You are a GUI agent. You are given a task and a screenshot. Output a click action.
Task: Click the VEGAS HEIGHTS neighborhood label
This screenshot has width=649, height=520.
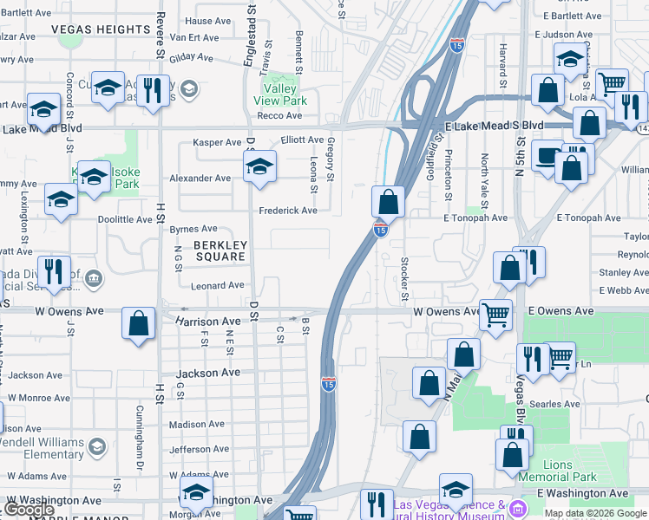coord(101,29)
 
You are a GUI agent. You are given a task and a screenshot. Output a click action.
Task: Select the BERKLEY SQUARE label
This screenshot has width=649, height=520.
coord(220,250)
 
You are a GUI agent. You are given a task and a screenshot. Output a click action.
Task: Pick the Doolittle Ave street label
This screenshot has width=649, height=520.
coord(125,219)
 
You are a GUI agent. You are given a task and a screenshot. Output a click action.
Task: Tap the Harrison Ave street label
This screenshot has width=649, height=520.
coord(207,321)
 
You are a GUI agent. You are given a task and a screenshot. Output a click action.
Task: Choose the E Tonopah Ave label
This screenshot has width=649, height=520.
coord(475,218)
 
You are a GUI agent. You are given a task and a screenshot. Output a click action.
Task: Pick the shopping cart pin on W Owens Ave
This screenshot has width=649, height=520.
coord(495,315)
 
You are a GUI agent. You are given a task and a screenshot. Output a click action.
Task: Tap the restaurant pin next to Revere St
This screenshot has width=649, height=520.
coord(153,90)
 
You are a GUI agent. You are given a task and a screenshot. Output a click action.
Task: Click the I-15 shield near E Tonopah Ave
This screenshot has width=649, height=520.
coord(380,229)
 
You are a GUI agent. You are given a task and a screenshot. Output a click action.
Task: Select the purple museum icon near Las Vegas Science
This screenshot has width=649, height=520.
coord(519,507)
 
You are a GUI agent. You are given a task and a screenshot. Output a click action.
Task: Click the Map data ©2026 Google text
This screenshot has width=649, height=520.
coord(596,513)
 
